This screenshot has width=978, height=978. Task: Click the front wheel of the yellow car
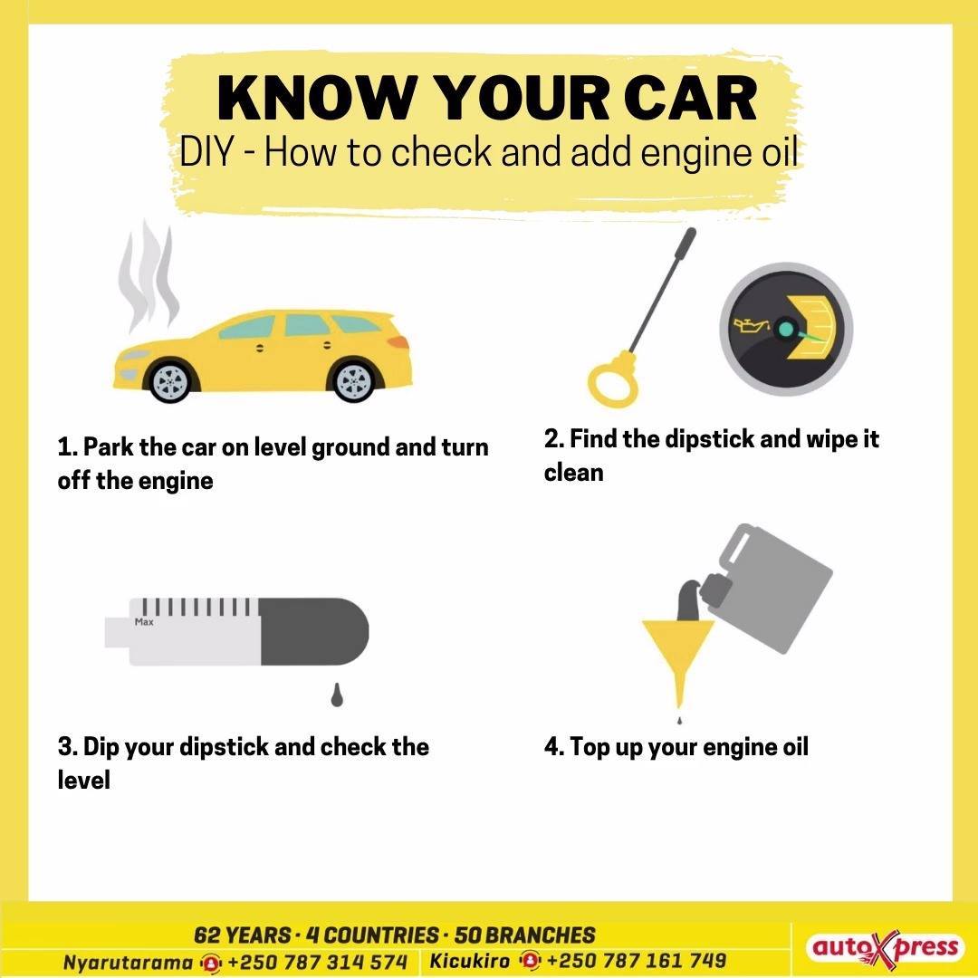coord(171,381)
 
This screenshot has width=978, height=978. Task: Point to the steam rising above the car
coord(149,274)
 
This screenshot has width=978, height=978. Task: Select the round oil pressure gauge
coord(786,329)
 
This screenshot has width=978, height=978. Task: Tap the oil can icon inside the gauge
coord(753,326)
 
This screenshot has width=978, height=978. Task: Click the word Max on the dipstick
coord(144,622)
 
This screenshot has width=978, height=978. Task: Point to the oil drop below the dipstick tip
coord(337,695)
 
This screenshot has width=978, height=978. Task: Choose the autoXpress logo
coord(884,948)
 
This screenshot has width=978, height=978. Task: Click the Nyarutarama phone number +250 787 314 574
coord(317,962)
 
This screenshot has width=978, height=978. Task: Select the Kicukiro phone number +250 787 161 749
coord(637,961)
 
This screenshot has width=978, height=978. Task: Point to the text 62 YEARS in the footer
coord(242,935)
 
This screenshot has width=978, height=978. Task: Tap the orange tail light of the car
coord(398,342)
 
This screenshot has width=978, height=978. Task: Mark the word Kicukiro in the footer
coord(470,961)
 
